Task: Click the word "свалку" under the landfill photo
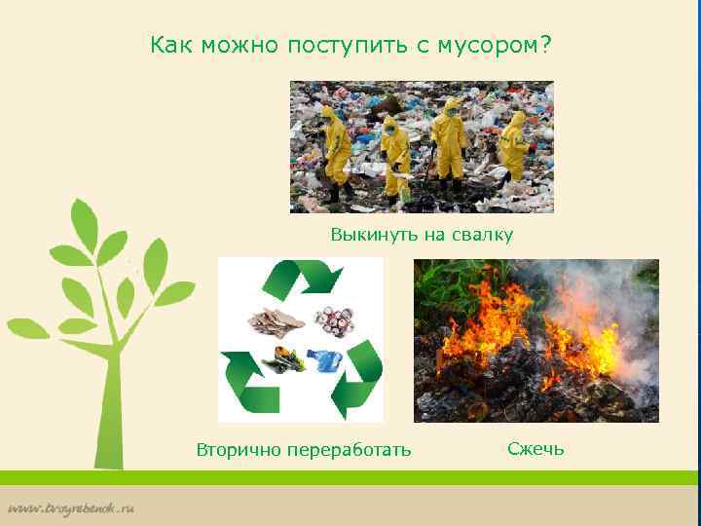point(477,235)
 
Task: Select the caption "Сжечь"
point(535,449)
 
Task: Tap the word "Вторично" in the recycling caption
point(236,450)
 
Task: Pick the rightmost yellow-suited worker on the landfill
point(512,146)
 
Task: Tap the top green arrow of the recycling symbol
point(302,278)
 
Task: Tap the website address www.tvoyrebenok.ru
point(73,508)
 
